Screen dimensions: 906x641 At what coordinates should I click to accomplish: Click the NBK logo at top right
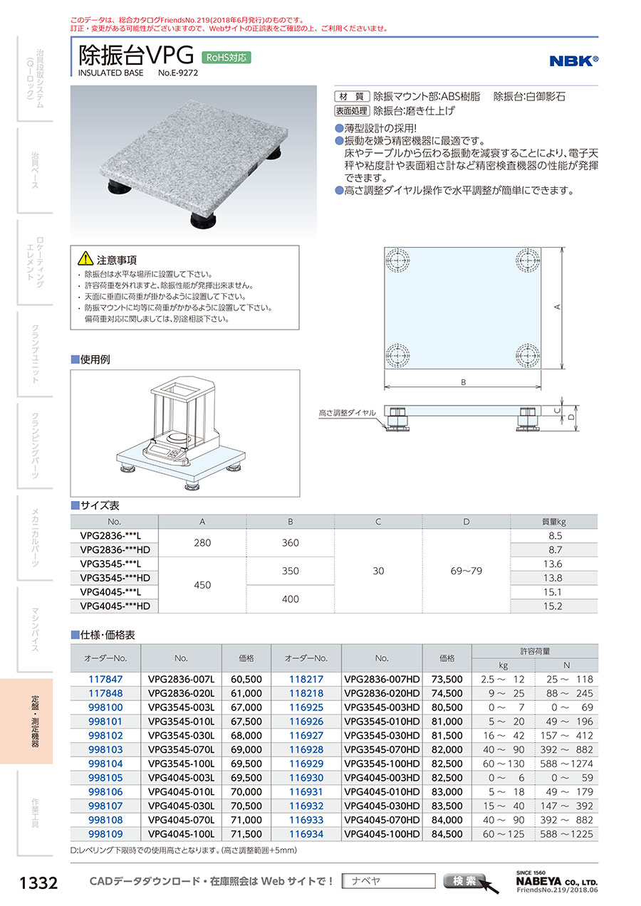(573, 61)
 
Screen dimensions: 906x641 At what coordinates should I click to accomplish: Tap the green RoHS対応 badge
(227, 58)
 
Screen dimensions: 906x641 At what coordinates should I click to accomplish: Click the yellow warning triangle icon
(85, 258)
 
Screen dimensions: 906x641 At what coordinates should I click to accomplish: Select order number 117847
(105, 680)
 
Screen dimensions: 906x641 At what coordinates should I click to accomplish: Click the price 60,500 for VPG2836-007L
(246, 680)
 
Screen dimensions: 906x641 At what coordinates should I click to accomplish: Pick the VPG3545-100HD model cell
(382, 762)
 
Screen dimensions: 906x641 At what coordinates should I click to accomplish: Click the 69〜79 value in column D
(467, 571)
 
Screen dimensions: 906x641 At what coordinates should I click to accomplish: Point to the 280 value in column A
(202, 543)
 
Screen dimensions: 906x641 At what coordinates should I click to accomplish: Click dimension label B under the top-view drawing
(463, 382)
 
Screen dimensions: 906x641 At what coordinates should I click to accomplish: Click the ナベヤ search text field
(388, 881)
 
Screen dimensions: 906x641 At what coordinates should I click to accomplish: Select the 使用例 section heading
(95, 359)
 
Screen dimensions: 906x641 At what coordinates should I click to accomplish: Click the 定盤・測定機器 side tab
(35, 720)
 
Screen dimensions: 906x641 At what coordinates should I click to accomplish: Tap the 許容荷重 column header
(535, 651)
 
